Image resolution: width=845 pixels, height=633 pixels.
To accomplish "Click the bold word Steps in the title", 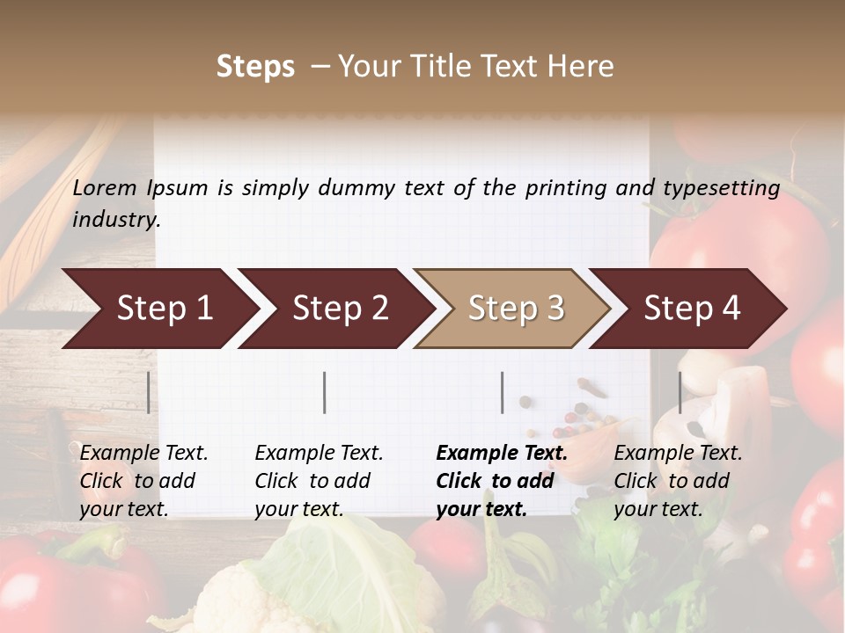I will (255, 67).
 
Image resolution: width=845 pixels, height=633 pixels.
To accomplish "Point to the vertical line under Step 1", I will (149, 392).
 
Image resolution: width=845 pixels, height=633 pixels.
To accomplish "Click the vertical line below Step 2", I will (325, 392).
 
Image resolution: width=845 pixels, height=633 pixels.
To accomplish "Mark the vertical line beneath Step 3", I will (502, 392).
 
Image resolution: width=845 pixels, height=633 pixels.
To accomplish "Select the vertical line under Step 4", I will (680, 392).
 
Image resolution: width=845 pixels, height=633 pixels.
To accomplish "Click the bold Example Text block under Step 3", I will (502, 481).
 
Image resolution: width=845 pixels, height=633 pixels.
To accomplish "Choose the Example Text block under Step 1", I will (143, 481).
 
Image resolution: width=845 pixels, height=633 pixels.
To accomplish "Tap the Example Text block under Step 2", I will (319, 481).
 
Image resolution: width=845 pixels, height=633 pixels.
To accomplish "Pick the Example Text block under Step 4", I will (678, 481).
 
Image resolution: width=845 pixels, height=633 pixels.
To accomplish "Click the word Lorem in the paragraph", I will (105, 187).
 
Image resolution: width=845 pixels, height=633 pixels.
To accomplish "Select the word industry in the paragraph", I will (115, 220).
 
